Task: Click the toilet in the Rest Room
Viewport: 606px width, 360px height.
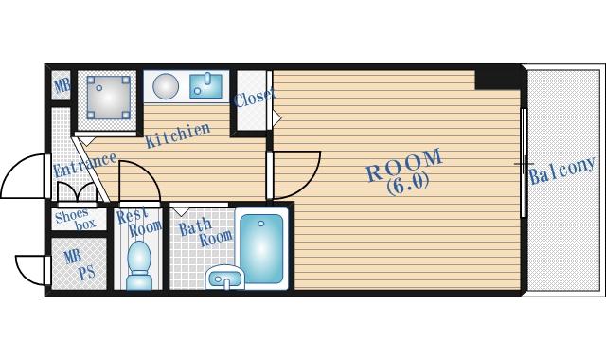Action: (x=138, y=265)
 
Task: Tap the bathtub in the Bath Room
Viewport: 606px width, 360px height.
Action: (x=261, y=248)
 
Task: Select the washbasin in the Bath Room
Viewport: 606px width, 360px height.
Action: (x=224, y=277)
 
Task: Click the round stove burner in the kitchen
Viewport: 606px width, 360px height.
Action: (x=166, y=85)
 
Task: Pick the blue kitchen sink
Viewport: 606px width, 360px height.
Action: (x=205, y=86)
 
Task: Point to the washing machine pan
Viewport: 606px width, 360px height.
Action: (x=108, y=97)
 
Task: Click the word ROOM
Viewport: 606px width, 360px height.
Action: (x=404, y=166)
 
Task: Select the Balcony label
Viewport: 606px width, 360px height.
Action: (x=561, y=171)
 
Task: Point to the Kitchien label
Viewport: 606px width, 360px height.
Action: (x=178, y=135)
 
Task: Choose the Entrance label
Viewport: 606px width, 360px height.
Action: (x=85, y=165)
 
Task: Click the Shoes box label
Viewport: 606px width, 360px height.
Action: (x=75, y=220)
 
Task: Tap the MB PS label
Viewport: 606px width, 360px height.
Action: (x=79, y=264)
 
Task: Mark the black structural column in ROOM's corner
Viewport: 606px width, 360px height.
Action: (x=498, y=80)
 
